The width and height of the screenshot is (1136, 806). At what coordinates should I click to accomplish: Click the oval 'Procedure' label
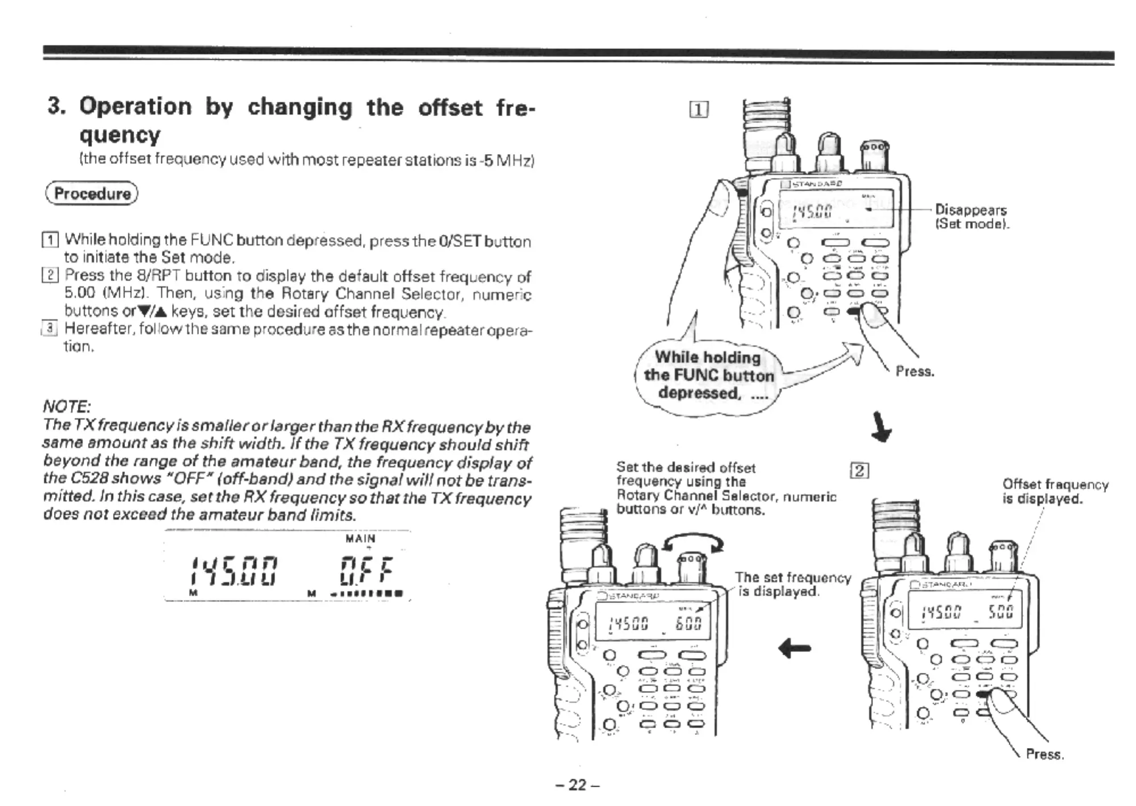(x=92, y=194)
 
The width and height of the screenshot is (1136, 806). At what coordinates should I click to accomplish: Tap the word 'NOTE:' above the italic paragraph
(x=66, y=406)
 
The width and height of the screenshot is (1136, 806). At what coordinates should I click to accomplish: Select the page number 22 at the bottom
(x=577, y=785)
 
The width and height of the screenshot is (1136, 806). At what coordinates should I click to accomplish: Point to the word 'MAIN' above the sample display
(x=360, y=538)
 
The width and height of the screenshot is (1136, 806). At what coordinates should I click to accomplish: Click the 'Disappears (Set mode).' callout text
(x=971, y=217)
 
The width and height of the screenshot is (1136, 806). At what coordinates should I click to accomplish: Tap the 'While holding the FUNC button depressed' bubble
(x=708, y=375)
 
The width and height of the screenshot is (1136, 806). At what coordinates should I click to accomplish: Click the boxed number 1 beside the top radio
(x=699, y=109)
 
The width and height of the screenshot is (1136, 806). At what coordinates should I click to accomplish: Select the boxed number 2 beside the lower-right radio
(x=859, y=471)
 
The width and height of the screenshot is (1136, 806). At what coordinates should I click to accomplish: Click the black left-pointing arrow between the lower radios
(x=795, y=647)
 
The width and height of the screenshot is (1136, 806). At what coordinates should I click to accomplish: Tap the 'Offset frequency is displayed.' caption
(x=1055, y=492)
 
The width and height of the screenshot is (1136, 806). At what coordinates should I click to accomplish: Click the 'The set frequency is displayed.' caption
(x=792, y=584)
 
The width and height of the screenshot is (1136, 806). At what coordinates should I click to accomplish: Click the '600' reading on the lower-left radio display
(x=688, y=623)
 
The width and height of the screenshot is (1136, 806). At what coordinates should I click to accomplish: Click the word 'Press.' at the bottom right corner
(x=1045, y=754)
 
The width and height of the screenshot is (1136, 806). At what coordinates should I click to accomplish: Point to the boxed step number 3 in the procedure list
(x=50, y=328)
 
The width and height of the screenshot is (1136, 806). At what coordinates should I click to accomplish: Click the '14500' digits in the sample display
(x=234, y=571)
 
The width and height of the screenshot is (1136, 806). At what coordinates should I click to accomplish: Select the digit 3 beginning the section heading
(x=55, y=106)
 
